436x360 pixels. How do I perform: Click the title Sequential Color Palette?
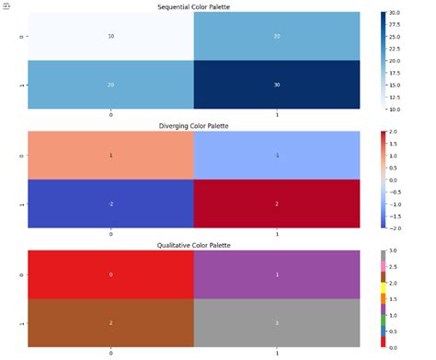[x=194, y=6]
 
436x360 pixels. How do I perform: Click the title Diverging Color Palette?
[x=194, y=125]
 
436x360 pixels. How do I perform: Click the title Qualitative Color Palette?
[x=194, y=245]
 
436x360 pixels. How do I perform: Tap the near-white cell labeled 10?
[x=111, y=37]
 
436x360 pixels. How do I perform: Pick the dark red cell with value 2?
[x=277, y=203]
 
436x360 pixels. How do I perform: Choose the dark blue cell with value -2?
[x=111, y=203]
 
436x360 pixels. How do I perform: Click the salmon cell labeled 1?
[x=111, y=156]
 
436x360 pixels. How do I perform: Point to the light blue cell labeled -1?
[x=277, y=156]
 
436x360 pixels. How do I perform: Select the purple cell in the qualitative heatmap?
[x=277, y=274]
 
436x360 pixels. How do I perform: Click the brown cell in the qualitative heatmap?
[x=111, y=323]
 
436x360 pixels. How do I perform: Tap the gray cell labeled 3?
[x=277, y=323]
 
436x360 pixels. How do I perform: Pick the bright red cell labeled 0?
[x=111, y=274]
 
